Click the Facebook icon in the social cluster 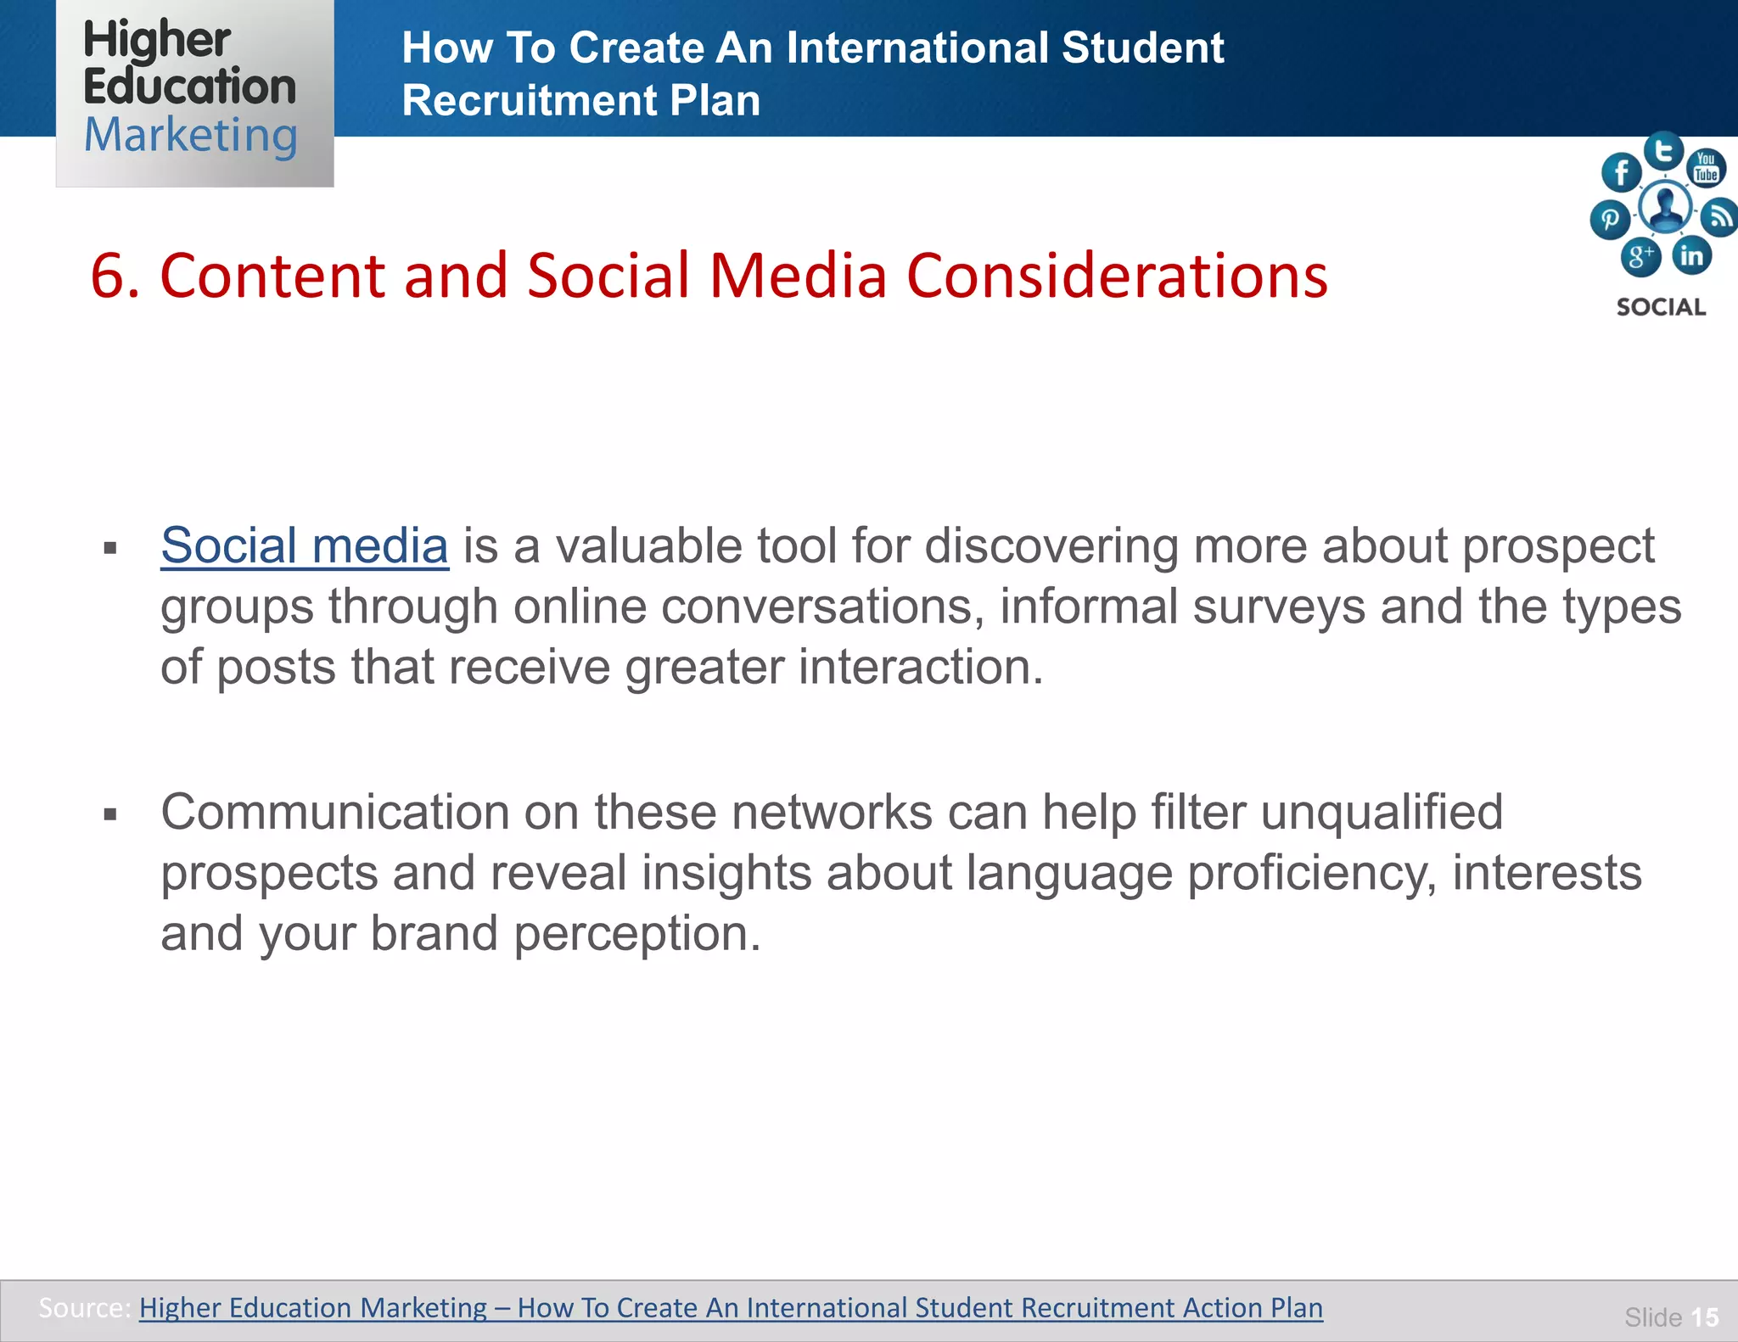pyautogui.click(x=1621, y=172)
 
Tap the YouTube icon pyautogui.click(x=1705, y=167)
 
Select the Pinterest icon pyautogui.click(x=1609, y=220)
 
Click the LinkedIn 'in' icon pyautogui.click(x=1691, y=255)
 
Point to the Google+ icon pyautogui.click(x=1640, y=256)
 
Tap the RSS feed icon pyautogui.click(x=1720, y=217)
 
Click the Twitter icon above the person pyautogui.click(x=1663, y=151)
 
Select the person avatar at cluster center pyautogui.click(x=1665, y=206)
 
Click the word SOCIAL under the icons pyautogui.click(x=1661, y=307)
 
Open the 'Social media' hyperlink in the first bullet pyautogui.click(x=304, y=545)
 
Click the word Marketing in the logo pyautogui.click(x=190, y=136)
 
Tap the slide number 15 pyautogui.click(x=1704, y=1317)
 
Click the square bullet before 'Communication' pyautogui.click(x=109, y=815)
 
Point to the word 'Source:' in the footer pyautogui.click(x=84, y=1307)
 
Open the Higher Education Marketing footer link pyautogui.click(x=730, y=1307)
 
